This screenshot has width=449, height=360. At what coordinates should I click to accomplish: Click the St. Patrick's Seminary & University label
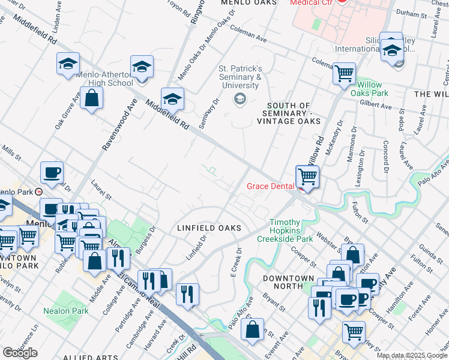tap(240, 77)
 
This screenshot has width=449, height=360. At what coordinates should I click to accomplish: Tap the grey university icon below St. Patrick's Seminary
tap(240, 98)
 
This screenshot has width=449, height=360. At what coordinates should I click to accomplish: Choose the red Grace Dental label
tap(271, 186)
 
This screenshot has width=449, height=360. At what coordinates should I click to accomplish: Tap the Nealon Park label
tap(66, 311)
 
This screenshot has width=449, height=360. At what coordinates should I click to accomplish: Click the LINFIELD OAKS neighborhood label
tap(209, 228)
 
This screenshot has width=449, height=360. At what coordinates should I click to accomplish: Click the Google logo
tap(20, 353)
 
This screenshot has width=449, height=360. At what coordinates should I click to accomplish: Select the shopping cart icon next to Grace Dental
tap(307, 177)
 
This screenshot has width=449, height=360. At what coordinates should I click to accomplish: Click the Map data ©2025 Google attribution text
tap(411, 355)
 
